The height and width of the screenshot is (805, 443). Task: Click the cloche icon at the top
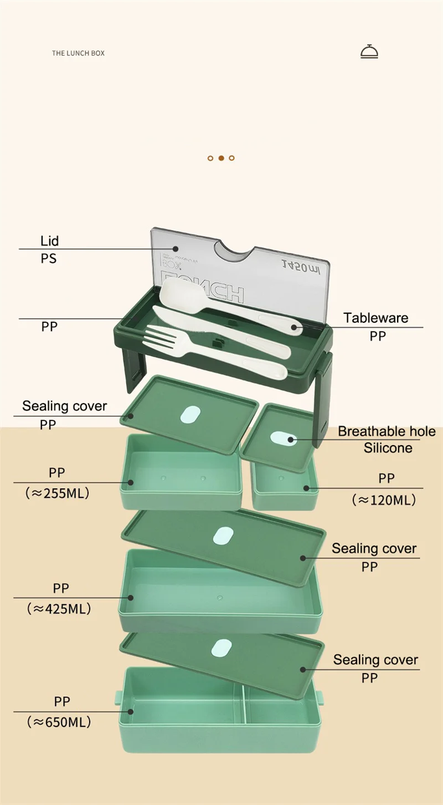click(369, 52)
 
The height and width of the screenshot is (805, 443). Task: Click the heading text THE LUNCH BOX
click(78, 53)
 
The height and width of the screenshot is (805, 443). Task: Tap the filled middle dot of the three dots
click(221, 158)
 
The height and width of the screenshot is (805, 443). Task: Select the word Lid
click(49, 241)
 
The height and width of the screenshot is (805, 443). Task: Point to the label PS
click(49, 258)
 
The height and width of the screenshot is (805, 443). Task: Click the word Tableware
click(375, 318)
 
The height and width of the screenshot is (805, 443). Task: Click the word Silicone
click(388, 448)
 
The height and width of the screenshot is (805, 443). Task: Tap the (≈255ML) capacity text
click(57, 493)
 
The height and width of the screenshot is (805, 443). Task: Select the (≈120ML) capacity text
click(383, 500)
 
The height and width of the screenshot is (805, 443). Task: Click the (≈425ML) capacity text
click(58, 608)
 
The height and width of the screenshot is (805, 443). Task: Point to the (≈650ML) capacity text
click(58, 722)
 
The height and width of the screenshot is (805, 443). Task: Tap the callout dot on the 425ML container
click(131, 598)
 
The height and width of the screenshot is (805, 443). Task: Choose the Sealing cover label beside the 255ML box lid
click(64, 406)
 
